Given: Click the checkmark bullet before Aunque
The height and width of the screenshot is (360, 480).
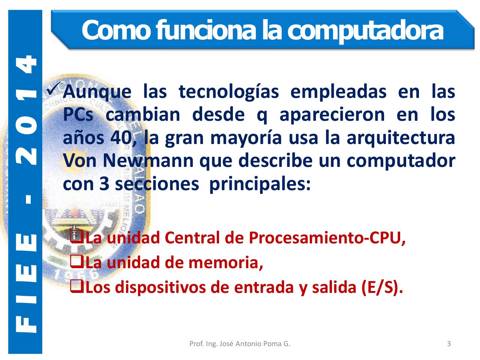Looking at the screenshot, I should (53, 90).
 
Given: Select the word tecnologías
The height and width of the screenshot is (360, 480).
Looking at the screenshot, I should (229, 92).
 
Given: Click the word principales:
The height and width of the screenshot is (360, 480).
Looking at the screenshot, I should (259, 184).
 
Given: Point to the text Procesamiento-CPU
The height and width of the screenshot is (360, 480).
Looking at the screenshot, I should (327, 238).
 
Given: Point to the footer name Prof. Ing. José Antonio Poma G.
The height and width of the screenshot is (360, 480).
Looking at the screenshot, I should (240, 343).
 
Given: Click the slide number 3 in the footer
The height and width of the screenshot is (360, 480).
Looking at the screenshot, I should (449, 343).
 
